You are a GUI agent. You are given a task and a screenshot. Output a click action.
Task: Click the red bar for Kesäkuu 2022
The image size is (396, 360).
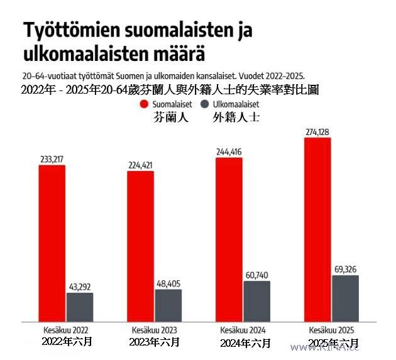[x=52, y=244]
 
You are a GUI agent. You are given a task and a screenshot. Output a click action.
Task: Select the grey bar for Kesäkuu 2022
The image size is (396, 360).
[x=80, y=307]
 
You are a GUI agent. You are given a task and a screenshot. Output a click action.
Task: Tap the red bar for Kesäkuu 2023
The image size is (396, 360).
[x=140, y=246]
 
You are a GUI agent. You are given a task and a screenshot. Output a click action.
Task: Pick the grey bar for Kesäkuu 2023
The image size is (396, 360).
[x=168, y=305]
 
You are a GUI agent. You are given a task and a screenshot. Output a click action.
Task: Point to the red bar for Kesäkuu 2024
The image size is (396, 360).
[x=229, y=239]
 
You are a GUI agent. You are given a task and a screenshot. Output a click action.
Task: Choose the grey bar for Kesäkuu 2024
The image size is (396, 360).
[x=257, y=301]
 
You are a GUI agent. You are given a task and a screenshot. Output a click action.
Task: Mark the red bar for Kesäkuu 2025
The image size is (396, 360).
[x=317, y=230]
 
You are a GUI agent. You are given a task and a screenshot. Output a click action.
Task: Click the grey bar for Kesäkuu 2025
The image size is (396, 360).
[x=345, y=298]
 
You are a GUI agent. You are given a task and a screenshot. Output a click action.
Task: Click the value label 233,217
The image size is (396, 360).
[x=52, y=160]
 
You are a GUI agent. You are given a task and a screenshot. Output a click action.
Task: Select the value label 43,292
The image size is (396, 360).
[x=80, y=287]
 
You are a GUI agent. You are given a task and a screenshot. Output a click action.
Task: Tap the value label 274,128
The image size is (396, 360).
[x=317, y=132]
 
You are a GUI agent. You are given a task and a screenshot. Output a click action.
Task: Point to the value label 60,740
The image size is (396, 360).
[x=257, y=275]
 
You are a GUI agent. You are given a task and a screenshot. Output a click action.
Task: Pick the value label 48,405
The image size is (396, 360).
[x=168, y=283]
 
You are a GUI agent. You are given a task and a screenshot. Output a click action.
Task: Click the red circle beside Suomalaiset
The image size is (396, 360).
[x=144, y=104]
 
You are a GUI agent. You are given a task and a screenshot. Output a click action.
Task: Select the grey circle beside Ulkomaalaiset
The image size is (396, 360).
[x=204, y=104]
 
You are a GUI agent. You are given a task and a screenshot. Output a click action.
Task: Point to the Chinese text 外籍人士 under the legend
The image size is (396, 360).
[x=237, y=117]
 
